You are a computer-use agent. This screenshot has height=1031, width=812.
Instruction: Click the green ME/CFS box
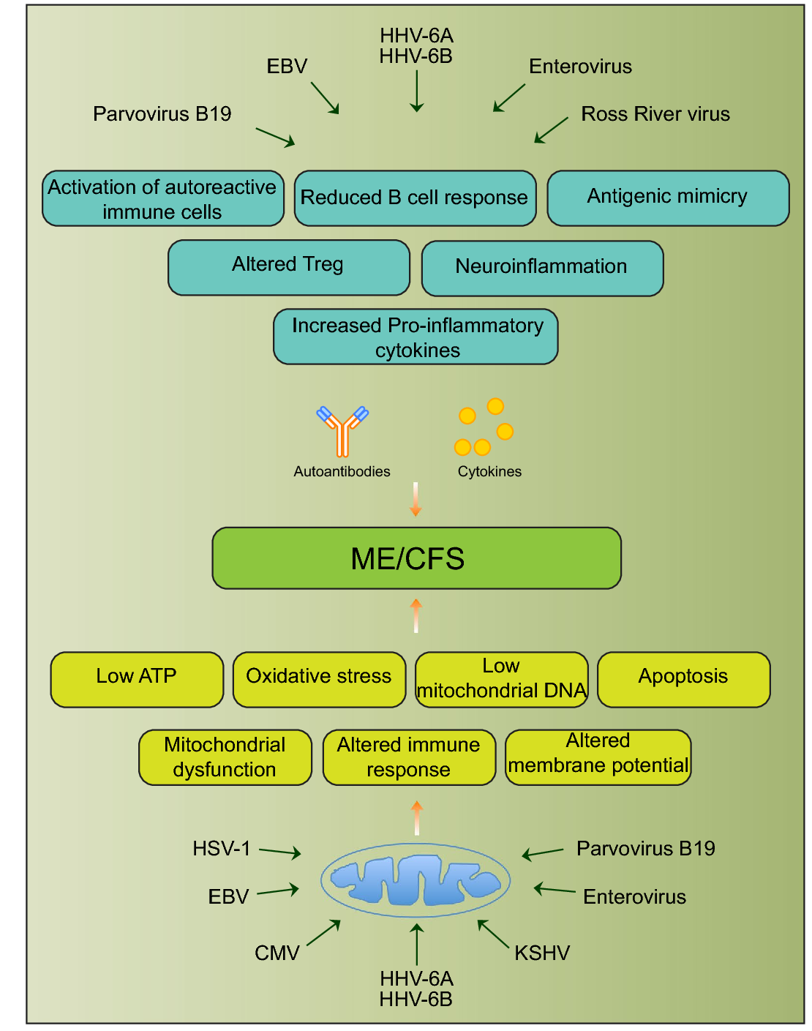point(416,558)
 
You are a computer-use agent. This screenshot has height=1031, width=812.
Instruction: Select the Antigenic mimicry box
point(668,198)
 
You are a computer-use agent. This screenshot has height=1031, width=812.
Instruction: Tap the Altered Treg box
point(288,267)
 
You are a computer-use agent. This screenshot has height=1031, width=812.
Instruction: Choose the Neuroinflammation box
point(542,268)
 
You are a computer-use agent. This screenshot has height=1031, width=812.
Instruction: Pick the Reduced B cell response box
point(415,198)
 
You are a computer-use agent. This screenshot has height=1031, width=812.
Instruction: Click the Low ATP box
point(137,679)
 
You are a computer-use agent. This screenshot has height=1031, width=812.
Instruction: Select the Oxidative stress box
point(319,679)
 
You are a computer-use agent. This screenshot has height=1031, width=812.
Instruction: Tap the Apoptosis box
point(683,679)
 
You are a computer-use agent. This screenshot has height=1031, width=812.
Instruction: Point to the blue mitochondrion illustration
point(416,880)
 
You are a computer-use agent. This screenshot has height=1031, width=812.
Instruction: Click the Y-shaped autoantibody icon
point(342,431)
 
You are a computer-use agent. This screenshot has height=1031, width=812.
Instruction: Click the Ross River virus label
point(655,114)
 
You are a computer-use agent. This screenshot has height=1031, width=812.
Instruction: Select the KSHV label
point(542,953)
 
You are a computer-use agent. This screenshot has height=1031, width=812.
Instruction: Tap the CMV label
point(277,953)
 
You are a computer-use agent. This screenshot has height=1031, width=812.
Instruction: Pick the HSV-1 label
point(222,849)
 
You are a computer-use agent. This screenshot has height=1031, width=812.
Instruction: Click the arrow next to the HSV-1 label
point(280,852)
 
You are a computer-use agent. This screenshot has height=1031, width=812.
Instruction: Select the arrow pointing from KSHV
point(493,934)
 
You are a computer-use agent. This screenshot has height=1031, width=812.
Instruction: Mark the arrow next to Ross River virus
point(551,130)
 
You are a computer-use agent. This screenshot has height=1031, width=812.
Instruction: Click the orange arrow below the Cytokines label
point(416,499)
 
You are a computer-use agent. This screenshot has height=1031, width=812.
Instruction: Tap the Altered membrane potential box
point(598,757)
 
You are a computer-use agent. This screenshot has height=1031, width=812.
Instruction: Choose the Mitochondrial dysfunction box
point(225,757)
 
